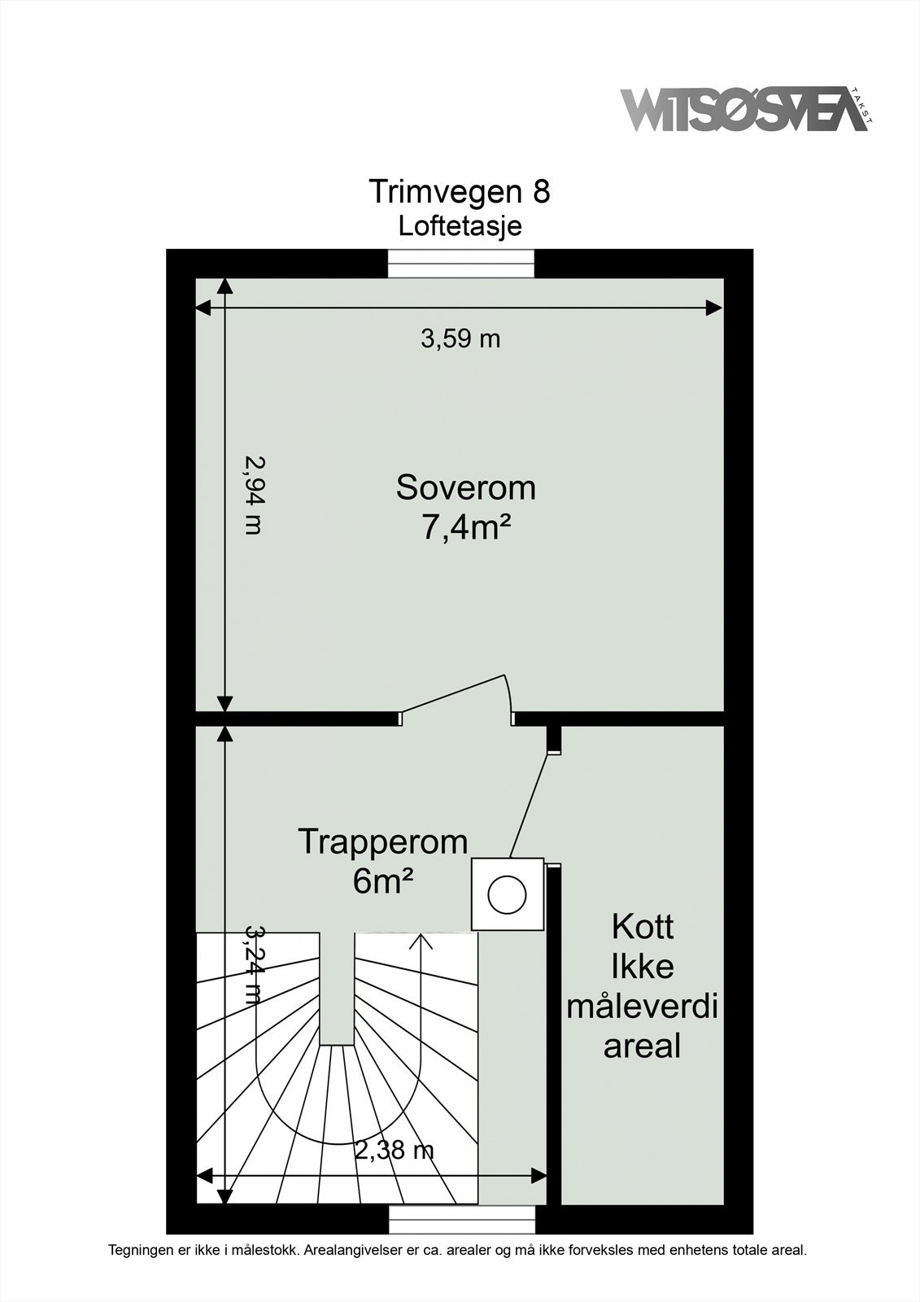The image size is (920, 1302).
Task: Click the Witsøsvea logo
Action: tap(744, 110)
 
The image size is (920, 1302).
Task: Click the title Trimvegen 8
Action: tap(460, 191)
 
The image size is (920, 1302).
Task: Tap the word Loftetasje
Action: tap(460, 225)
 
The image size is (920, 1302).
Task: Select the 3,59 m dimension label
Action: tap(460, 338)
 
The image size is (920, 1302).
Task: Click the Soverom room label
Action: tap(465, 487)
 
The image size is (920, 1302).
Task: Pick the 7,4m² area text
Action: tap(465, 528)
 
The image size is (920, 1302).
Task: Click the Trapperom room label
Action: tap(383, 841)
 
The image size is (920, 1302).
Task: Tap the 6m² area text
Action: tap(380, 881)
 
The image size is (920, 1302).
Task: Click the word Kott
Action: tap(642, 927)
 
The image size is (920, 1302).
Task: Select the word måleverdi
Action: tap(642, 1007)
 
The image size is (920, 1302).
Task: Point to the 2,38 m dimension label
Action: tap(394, 1150)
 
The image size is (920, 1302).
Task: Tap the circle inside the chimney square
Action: tap(508, 894)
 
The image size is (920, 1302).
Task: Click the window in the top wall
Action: tap(460, 263)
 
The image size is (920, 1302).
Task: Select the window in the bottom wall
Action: tap(462, 1218)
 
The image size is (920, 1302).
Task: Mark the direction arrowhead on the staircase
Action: tap(421, 941)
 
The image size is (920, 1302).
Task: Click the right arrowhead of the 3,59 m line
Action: tap(714, 308)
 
